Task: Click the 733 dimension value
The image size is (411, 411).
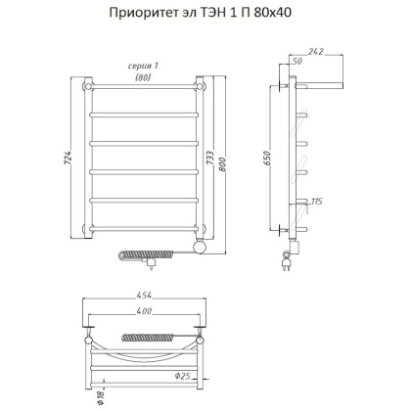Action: tap(214, 161)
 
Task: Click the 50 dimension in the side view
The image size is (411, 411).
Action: tap(297, 62)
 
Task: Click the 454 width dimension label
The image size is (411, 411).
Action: tap(145, 296)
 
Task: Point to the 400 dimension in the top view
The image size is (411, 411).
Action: tap(145, 311)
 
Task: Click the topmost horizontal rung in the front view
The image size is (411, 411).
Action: tap(144, 91)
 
